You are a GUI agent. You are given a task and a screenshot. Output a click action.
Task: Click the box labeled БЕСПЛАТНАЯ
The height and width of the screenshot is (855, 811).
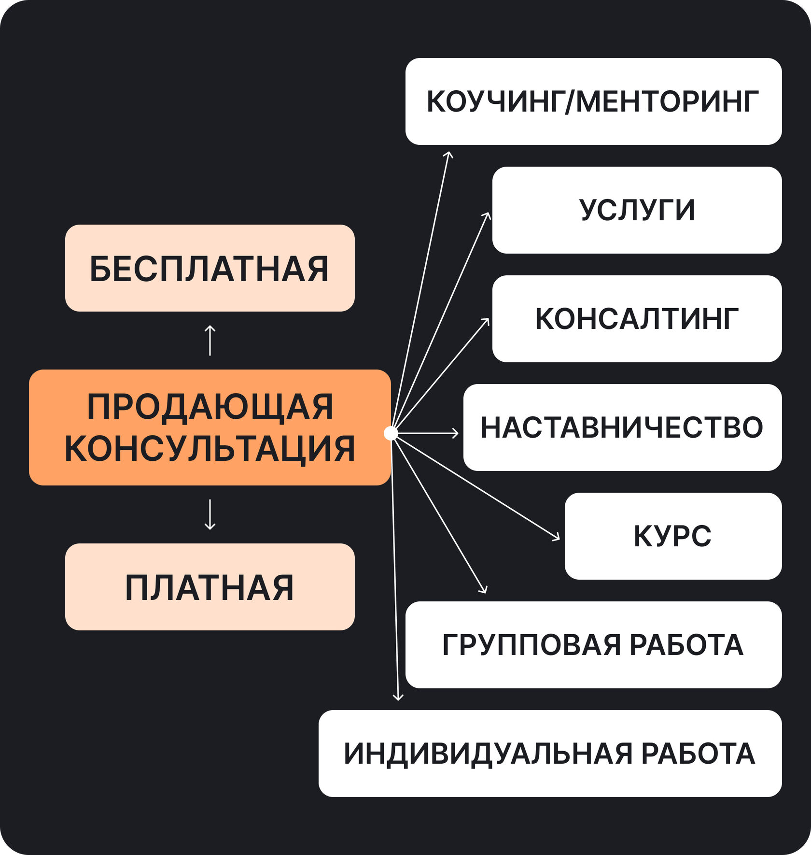tap(210, 268)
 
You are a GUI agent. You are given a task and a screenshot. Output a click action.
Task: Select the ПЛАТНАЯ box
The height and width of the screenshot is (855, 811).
tap(210, 587)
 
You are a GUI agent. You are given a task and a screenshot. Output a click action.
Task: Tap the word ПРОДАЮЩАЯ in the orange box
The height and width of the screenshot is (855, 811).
tap(210, 407)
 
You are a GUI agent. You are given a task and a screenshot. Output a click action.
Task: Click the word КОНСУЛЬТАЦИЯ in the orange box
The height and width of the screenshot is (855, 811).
tap(210, 448)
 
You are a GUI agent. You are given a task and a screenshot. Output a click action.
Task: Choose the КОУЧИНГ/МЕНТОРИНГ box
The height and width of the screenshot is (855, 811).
tap(593, 101)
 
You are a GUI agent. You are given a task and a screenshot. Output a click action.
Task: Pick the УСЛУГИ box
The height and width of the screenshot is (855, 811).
tap(637, 210)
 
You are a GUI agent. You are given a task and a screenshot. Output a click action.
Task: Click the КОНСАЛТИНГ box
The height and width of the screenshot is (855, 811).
tap(637, 319)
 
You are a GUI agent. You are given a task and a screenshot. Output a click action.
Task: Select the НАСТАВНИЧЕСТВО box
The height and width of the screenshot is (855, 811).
tap(622, 427)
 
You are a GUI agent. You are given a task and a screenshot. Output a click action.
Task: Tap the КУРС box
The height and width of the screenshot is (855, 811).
tap(672, 536)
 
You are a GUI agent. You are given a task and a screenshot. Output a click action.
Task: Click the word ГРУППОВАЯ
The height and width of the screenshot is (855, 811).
tap(531, 645)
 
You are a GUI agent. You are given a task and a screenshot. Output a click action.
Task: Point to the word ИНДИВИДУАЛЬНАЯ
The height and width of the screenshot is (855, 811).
tap(488, 754)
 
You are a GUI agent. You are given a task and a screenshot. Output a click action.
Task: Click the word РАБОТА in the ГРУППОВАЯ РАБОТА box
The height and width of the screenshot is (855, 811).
tap(686, 645)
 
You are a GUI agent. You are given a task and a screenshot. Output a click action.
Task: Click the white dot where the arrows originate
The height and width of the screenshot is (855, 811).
tap(391, 433)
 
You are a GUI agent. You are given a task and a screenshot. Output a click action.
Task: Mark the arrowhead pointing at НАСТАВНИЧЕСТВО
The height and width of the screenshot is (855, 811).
tap(455, 433)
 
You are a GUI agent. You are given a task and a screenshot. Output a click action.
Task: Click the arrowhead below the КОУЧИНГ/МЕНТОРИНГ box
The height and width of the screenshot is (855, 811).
tap(448, 155)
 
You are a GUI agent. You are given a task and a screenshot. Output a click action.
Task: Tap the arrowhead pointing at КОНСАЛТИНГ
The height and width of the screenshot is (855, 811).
tap(486, 321)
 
